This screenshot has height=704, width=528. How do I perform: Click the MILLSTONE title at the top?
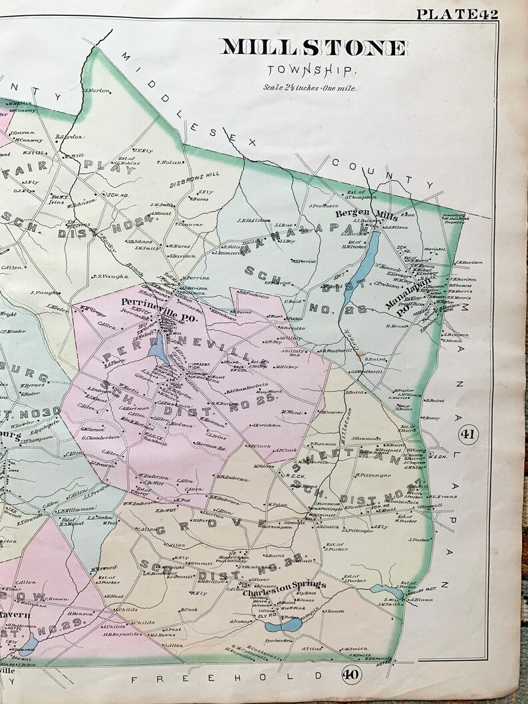click(x=314, y=48)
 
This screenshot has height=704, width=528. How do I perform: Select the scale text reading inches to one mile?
click(x=309, y=88)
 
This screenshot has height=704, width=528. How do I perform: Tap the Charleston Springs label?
click(x=285, y=585)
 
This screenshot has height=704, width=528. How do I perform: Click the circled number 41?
click(x=467, y=435)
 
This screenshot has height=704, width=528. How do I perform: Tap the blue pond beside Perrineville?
click(x=159, y=346)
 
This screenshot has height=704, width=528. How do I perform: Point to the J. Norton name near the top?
click(x=96, y=90)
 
